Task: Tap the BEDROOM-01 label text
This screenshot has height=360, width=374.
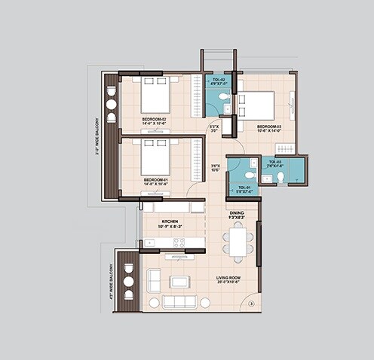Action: click(x=155, y=180)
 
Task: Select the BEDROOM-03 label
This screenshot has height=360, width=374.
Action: click(x=268, y=126)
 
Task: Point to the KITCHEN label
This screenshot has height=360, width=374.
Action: click(x=170, y=221)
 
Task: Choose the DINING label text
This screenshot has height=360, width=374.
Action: click(x=237, y=213)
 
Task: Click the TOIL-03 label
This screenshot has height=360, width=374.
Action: click(x=274, y=162)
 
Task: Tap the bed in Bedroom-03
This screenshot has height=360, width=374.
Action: click(x=257, y=105)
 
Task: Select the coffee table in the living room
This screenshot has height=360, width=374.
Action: click(x=179, y=282)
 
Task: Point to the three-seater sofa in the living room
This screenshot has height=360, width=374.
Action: click(x=179, y=301)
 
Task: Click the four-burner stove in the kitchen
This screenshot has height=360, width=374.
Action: click(x=179, y=242)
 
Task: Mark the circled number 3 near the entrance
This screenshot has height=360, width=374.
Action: click(x=251, y=304)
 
